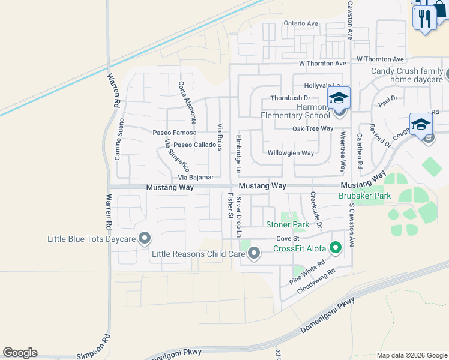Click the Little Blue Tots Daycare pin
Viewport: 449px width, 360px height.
pyautogui.click(x=144, y=239)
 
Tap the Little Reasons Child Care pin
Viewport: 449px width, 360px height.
pyautogui.click(x=254, y=253)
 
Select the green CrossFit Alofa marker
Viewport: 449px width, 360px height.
pyautogui.click(x=336, y=246)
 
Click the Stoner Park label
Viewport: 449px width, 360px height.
pyautogui.click(x=288, y=225)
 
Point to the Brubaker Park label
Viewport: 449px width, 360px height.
pyautogui.click(x=364, y=196)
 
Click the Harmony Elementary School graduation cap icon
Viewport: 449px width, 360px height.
pyautogui.click(x=339, y=97)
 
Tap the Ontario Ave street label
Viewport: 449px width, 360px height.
pyautogui.click(x=301, y=23)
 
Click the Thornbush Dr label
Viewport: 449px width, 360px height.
pyautogui.click(x=290, y=98)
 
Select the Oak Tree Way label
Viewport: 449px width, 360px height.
pyautogui.click(x=312, y=128)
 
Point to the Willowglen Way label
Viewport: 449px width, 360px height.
pyautogui.click(x=291, y=153)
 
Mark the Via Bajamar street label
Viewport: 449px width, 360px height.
pyautogui.click(x=196, y=178)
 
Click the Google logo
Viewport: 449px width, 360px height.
pyautogui.click(x=20, y=353)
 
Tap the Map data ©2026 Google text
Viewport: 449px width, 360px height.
pyautogui.click(x=411, y=355)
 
